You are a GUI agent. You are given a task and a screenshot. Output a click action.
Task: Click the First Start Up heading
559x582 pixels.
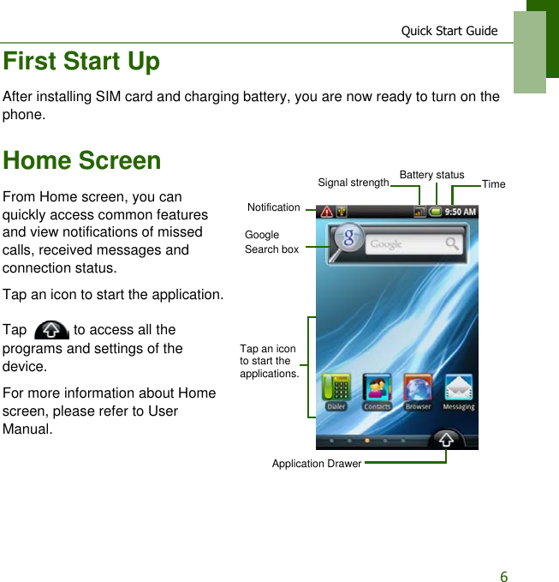pyautogui.click(x=81, y=62)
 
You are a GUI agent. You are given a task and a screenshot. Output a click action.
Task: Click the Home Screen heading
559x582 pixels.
pyautogui.click(x=82, y=160)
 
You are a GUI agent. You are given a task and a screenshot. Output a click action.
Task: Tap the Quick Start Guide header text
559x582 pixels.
pyautogui.click(x=449, y=31)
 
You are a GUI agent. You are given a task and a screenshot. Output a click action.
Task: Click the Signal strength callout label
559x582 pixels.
pyautogui.click(x=353, y=183)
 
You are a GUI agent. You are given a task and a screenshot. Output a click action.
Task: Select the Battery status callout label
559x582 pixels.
pyautogui.click(x=431, y=175)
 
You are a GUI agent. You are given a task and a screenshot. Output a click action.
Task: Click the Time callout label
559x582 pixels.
pyautogui.click(x=493, y=184)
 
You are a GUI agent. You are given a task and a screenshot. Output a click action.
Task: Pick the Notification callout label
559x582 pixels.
pyautogui.click(x=273, y=207)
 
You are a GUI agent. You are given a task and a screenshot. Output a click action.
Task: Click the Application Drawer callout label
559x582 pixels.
pyautogui.click(x=316, y=464)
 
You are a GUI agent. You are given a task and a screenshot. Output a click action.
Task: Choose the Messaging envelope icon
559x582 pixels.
pyautogui.click(x=458, y=390)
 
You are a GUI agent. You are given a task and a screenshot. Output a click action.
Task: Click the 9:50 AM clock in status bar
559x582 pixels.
pyautogui.click(x=461, y=212)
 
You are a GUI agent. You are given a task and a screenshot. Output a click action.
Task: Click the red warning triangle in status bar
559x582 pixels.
pyautogui.click(x=326, y=212)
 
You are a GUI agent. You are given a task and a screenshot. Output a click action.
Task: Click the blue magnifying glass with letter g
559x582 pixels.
pyautogui.click(x=348, y=239)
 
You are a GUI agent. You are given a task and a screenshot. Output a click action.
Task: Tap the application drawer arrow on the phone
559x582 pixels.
pyautogui.click(x=446, y=440)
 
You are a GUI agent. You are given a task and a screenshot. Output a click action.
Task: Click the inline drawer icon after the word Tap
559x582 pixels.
pyautogui.click(x=53, y=331)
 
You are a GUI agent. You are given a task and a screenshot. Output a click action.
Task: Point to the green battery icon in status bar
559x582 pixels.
pyautogui.click(x=436, y=212)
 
